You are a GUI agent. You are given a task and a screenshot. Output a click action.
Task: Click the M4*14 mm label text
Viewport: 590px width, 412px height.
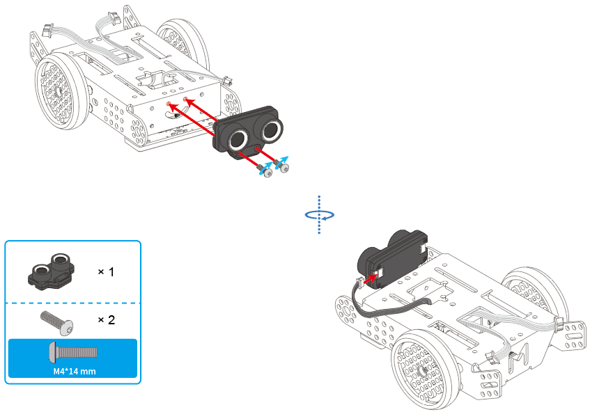pos(75,372)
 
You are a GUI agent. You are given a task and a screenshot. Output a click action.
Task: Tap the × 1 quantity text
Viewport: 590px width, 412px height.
pos(106,271)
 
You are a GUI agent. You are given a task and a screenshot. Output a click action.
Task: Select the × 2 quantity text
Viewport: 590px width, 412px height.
pos(106,319)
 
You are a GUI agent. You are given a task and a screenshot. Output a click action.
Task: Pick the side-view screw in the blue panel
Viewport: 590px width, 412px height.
pos(73,352)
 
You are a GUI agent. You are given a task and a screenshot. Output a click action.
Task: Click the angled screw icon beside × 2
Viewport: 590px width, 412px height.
pos(57,322)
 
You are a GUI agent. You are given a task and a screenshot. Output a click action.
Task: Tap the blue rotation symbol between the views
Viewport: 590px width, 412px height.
pos(319,214)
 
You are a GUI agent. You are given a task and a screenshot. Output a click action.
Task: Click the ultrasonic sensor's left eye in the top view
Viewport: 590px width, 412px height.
pos(238,138)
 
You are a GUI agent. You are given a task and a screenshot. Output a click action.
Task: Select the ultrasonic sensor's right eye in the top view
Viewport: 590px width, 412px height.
pos(270,129)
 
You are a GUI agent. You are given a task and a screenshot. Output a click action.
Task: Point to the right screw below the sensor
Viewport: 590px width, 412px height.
pos(282,166)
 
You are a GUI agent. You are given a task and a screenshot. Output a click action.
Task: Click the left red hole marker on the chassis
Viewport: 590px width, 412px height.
pos(169,104)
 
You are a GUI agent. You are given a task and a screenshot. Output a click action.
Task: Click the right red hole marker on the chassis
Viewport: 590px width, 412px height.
pos(185,99)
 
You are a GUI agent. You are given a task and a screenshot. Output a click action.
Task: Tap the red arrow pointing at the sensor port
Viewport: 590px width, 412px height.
pos(371,278)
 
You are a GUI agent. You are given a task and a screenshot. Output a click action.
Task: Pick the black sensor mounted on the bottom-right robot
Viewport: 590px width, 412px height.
pos(392,259)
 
